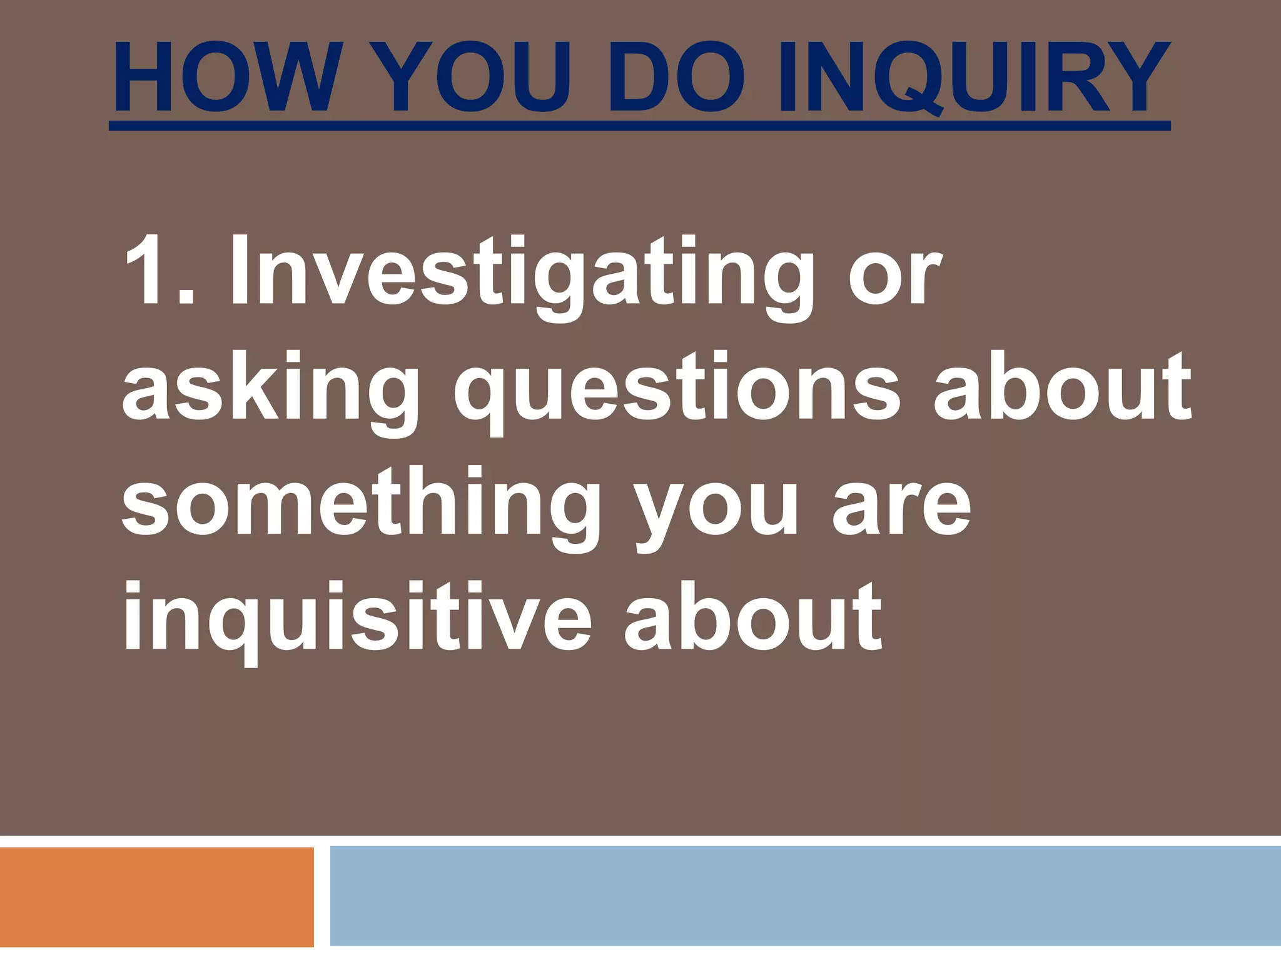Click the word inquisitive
click(356, 619)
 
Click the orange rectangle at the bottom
click(156, 897)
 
